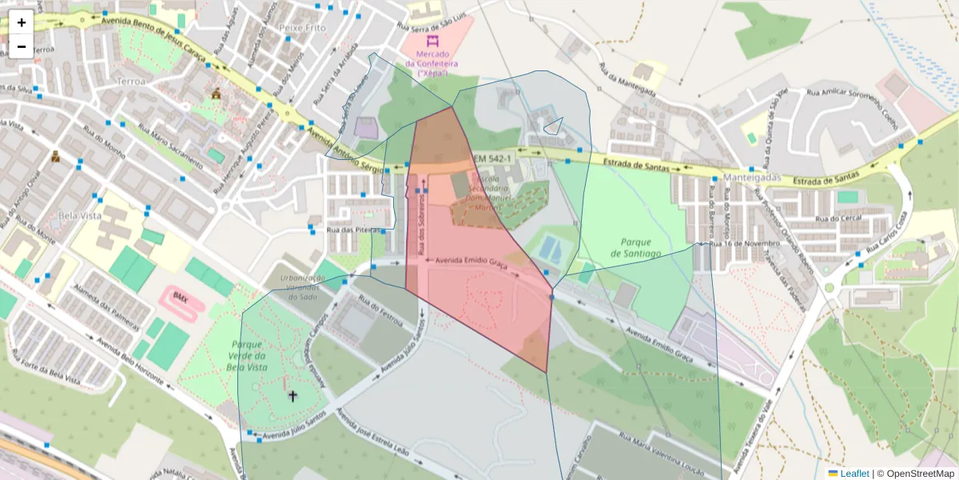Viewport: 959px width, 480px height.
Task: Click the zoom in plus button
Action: (22, 22)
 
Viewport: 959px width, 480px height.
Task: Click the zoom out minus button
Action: (22, 46)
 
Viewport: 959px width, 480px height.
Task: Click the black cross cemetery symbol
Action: (292, 395)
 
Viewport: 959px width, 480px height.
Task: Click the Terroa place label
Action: (131, 82)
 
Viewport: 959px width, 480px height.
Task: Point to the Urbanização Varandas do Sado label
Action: (303, 287)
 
